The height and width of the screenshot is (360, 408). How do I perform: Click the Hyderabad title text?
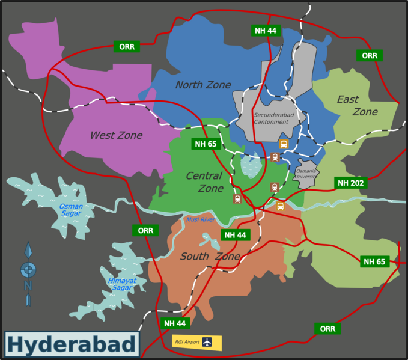(x=72, y=345)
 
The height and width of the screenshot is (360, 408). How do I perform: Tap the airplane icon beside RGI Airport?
(x=207, y=342)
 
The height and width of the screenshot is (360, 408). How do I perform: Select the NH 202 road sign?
(x=351, y=183)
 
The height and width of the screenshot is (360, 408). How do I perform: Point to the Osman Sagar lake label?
(x=71, y=210)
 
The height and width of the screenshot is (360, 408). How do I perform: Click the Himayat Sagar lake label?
(x=122, y=284)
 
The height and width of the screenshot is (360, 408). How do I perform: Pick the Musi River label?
(x=200, y=219)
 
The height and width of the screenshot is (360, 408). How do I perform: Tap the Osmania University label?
(x=305, y=174)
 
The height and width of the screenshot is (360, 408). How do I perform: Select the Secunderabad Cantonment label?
(x=271, y=118)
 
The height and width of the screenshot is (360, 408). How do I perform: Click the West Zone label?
(x=116, y=135)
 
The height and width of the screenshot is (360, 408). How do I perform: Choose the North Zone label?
(x=203, y=85)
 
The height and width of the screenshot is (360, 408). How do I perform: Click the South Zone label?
(x=210, y=257)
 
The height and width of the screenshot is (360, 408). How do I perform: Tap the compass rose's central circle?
(x=28, y=270)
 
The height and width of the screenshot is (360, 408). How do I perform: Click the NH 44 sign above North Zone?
(x=266, y=31)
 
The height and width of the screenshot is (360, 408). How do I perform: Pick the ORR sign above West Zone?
(x=127, y=46)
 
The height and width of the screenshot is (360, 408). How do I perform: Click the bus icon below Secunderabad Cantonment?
(x=284, y=144)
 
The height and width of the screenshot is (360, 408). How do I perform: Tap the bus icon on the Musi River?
(x=280, y=206)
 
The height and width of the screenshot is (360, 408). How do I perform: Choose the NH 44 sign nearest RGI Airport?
(x=175, y=323)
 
